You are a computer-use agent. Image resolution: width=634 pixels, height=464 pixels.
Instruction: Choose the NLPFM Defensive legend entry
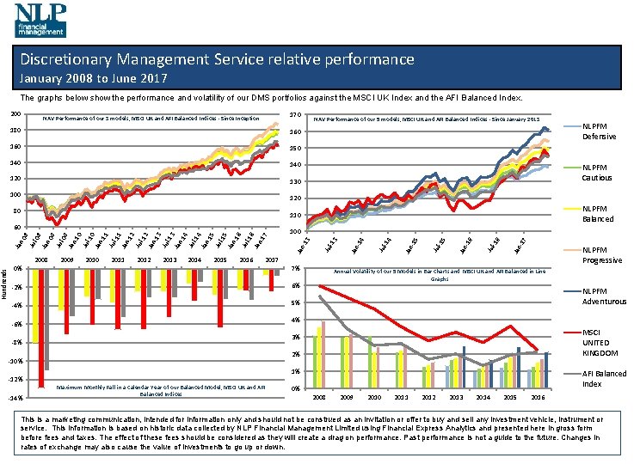coord(598,131)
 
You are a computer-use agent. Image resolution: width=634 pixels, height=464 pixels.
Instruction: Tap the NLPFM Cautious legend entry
coord(598,173)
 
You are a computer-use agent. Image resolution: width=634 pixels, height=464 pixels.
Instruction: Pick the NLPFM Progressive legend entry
coord(601,255)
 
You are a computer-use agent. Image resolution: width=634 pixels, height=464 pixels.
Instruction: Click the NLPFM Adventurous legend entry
coord(603,296)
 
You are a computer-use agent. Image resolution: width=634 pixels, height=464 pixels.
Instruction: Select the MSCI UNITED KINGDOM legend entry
coord(600,343)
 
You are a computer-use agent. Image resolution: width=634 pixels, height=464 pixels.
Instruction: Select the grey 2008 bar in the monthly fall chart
coord(46,318)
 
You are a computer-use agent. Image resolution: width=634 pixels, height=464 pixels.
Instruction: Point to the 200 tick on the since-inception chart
coord(15,115)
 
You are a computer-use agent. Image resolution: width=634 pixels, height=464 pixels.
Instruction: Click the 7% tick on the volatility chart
coord(295,269)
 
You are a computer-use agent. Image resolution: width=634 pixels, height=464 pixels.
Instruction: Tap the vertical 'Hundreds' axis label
coord(5,283)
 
